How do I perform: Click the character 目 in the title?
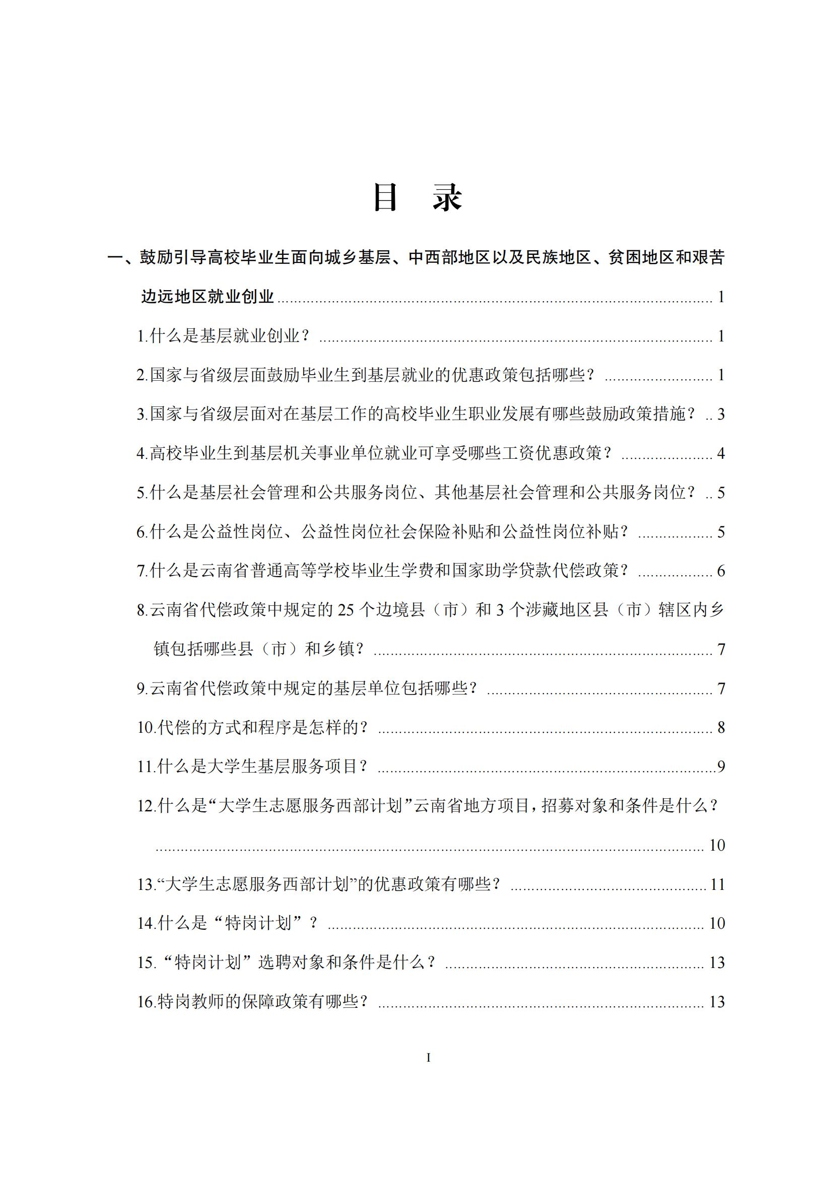386,197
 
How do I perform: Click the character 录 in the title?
447,197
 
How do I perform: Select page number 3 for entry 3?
721,414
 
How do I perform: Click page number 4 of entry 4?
721,454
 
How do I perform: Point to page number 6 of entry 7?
721,571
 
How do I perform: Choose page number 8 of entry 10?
721,728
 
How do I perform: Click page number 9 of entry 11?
721,767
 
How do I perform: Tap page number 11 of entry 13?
717,884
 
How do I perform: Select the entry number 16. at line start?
147,1002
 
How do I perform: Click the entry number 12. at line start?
147,806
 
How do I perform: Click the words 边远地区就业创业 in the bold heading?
207,297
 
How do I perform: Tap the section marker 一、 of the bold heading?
122,257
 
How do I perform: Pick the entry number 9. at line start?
143,688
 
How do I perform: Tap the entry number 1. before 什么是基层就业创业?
143,336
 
